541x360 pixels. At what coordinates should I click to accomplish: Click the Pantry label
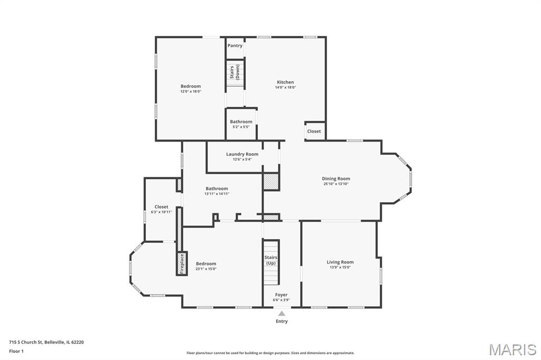235,45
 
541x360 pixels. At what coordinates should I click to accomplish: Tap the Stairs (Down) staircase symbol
235,73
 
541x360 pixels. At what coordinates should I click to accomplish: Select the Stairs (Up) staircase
271,262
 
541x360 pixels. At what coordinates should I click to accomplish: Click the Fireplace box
182,264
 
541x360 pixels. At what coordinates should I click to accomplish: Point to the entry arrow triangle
282,314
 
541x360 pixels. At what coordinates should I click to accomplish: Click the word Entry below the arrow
282,321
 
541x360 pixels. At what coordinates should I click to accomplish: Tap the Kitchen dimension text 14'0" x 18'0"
285,88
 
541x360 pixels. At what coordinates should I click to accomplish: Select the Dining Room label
336,178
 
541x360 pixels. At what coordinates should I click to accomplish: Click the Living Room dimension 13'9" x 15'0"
340,267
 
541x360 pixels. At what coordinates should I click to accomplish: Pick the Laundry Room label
242,154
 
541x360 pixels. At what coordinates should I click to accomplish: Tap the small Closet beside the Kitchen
314,131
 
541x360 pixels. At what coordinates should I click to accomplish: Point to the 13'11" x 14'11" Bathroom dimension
217,194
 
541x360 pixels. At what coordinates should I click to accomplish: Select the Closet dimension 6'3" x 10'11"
161,212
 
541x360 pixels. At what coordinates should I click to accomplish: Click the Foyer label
281,295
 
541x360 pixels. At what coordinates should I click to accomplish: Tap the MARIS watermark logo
512,349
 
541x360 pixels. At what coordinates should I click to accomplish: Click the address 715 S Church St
25,343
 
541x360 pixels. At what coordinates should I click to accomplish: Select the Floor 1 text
16,352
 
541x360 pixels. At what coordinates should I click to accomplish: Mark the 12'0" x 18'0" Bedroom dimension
191,92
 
